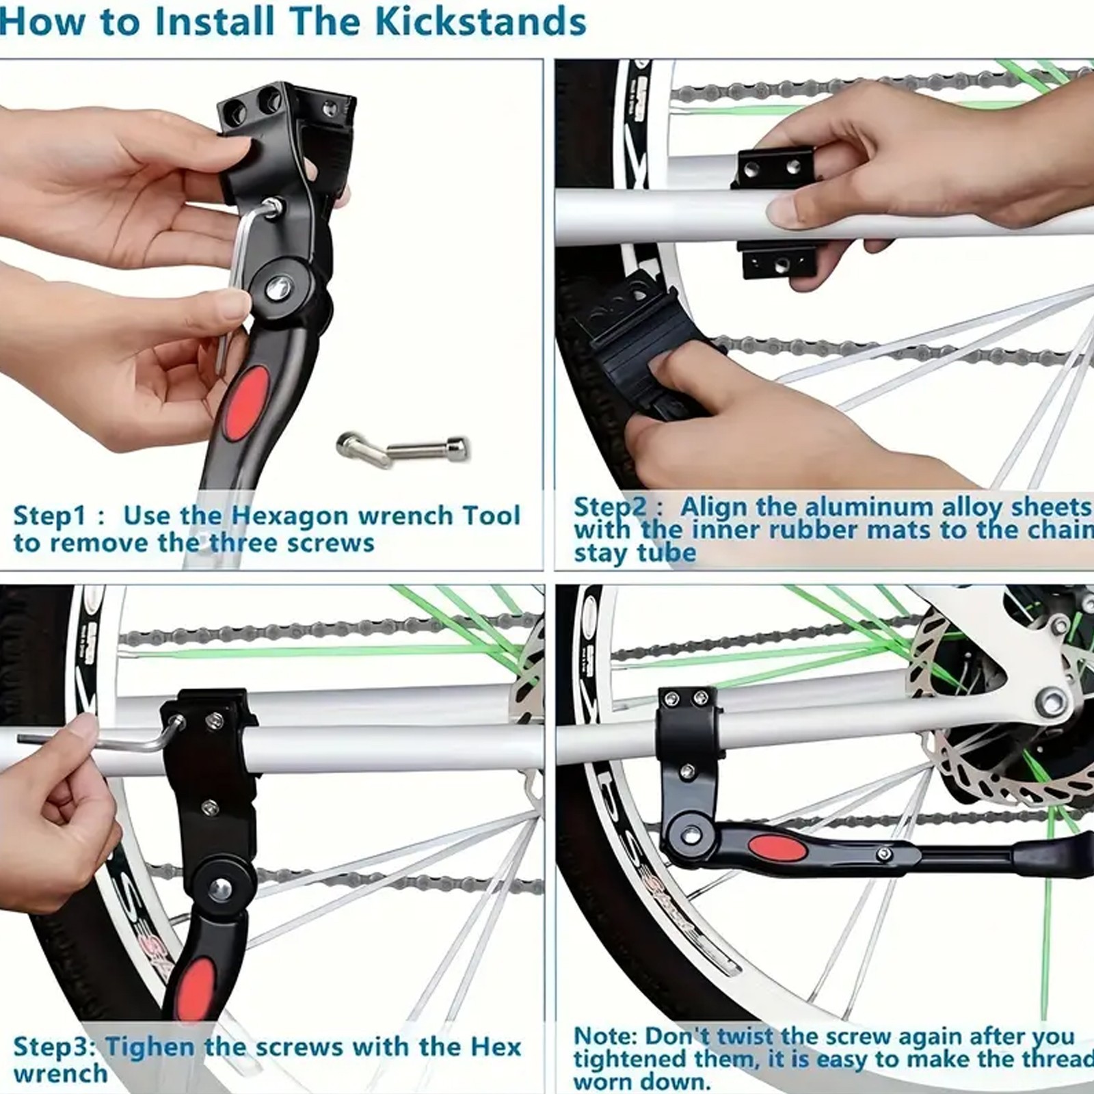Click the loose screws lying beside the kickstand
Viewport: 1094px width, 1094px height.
pos(403,450)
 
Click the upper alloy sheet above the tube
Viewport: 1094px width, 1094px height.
pos(774,170)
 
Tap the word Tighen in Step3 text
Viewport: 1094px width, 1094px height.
pos(151,1047)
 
